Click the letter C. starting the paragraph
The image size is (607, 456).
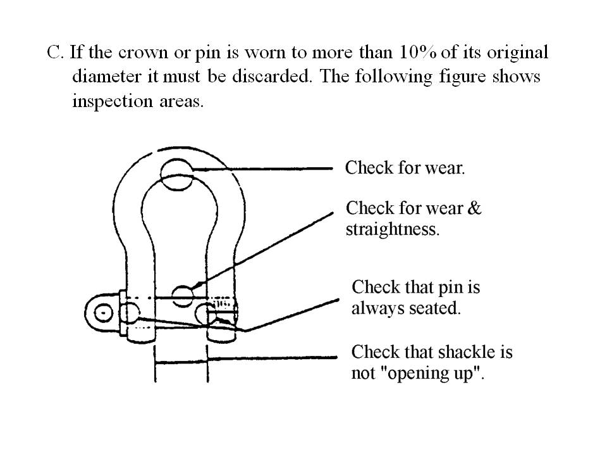tap(54, 53)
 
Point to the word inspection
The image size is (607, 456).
tap(113, 101)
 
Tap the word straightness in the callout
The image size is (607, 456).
tap(393, 229)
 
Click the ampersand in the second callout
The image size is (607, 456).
tap(474, 208)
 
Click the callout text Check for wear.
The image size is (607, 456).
tap(405, 168)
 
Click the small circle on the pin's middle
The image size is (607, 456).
tap(182, 296)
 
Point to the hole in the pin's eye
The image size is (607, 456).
tap(103, 313)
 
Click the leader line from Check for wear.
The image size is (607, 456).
tap(262, 169)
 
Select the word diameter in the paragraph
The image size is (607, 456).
tap(107, 76)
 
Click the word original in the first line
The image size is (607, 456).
tap(517, 53)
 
